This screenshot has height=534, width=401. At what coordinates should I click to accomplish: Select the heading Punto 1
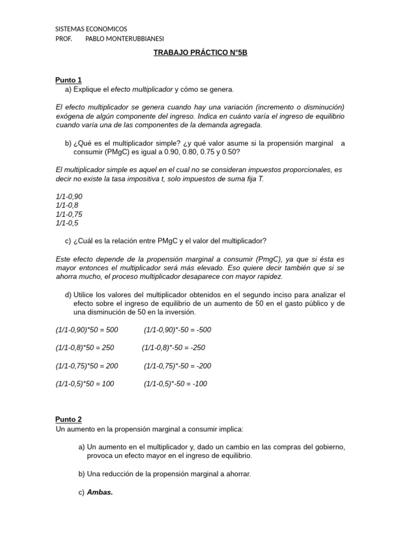[68, 80]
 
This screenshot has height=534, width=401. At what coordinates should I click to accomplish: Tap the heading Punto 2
[68, 419]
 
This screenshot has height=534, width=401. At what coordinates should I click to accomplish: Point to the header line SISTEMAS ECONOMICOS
[91, 29]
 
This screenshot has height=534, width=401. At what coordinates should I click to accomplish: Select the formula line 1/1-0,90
[69, 197]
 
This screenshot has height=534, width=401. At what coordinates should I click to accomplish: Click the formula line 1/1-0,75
[69, 214]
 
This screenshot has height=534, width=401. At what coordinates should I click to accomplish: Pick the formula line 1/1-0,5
[67, 223]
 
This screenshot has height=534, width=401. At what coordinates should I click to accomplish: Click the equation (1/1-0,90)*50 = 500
[87, 330]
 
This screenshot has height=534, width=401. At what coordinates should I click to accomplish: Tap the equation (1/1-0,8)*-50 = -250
[173, 348]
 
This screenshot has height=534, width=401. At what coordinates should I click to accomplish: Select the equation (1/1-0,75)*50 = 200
[87, 366]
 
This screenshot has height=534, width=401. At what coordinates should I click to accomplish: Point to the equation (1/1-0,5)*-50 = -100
[175, 384]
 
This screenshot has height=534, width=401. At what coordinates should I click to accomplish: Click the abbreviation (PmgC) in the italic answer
[269, 259]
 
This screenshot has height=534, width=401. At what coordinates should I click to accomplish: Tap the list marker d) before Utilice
[68, 295]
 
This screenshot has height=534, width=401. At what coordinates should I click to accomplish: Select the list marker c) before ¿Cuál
[68, 240]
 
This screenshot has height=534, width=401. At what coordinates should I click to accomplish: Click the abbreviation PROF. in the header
[64, 39]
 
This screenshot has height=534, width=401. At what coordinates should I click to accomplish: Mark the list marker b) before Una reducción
[81, 474]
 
